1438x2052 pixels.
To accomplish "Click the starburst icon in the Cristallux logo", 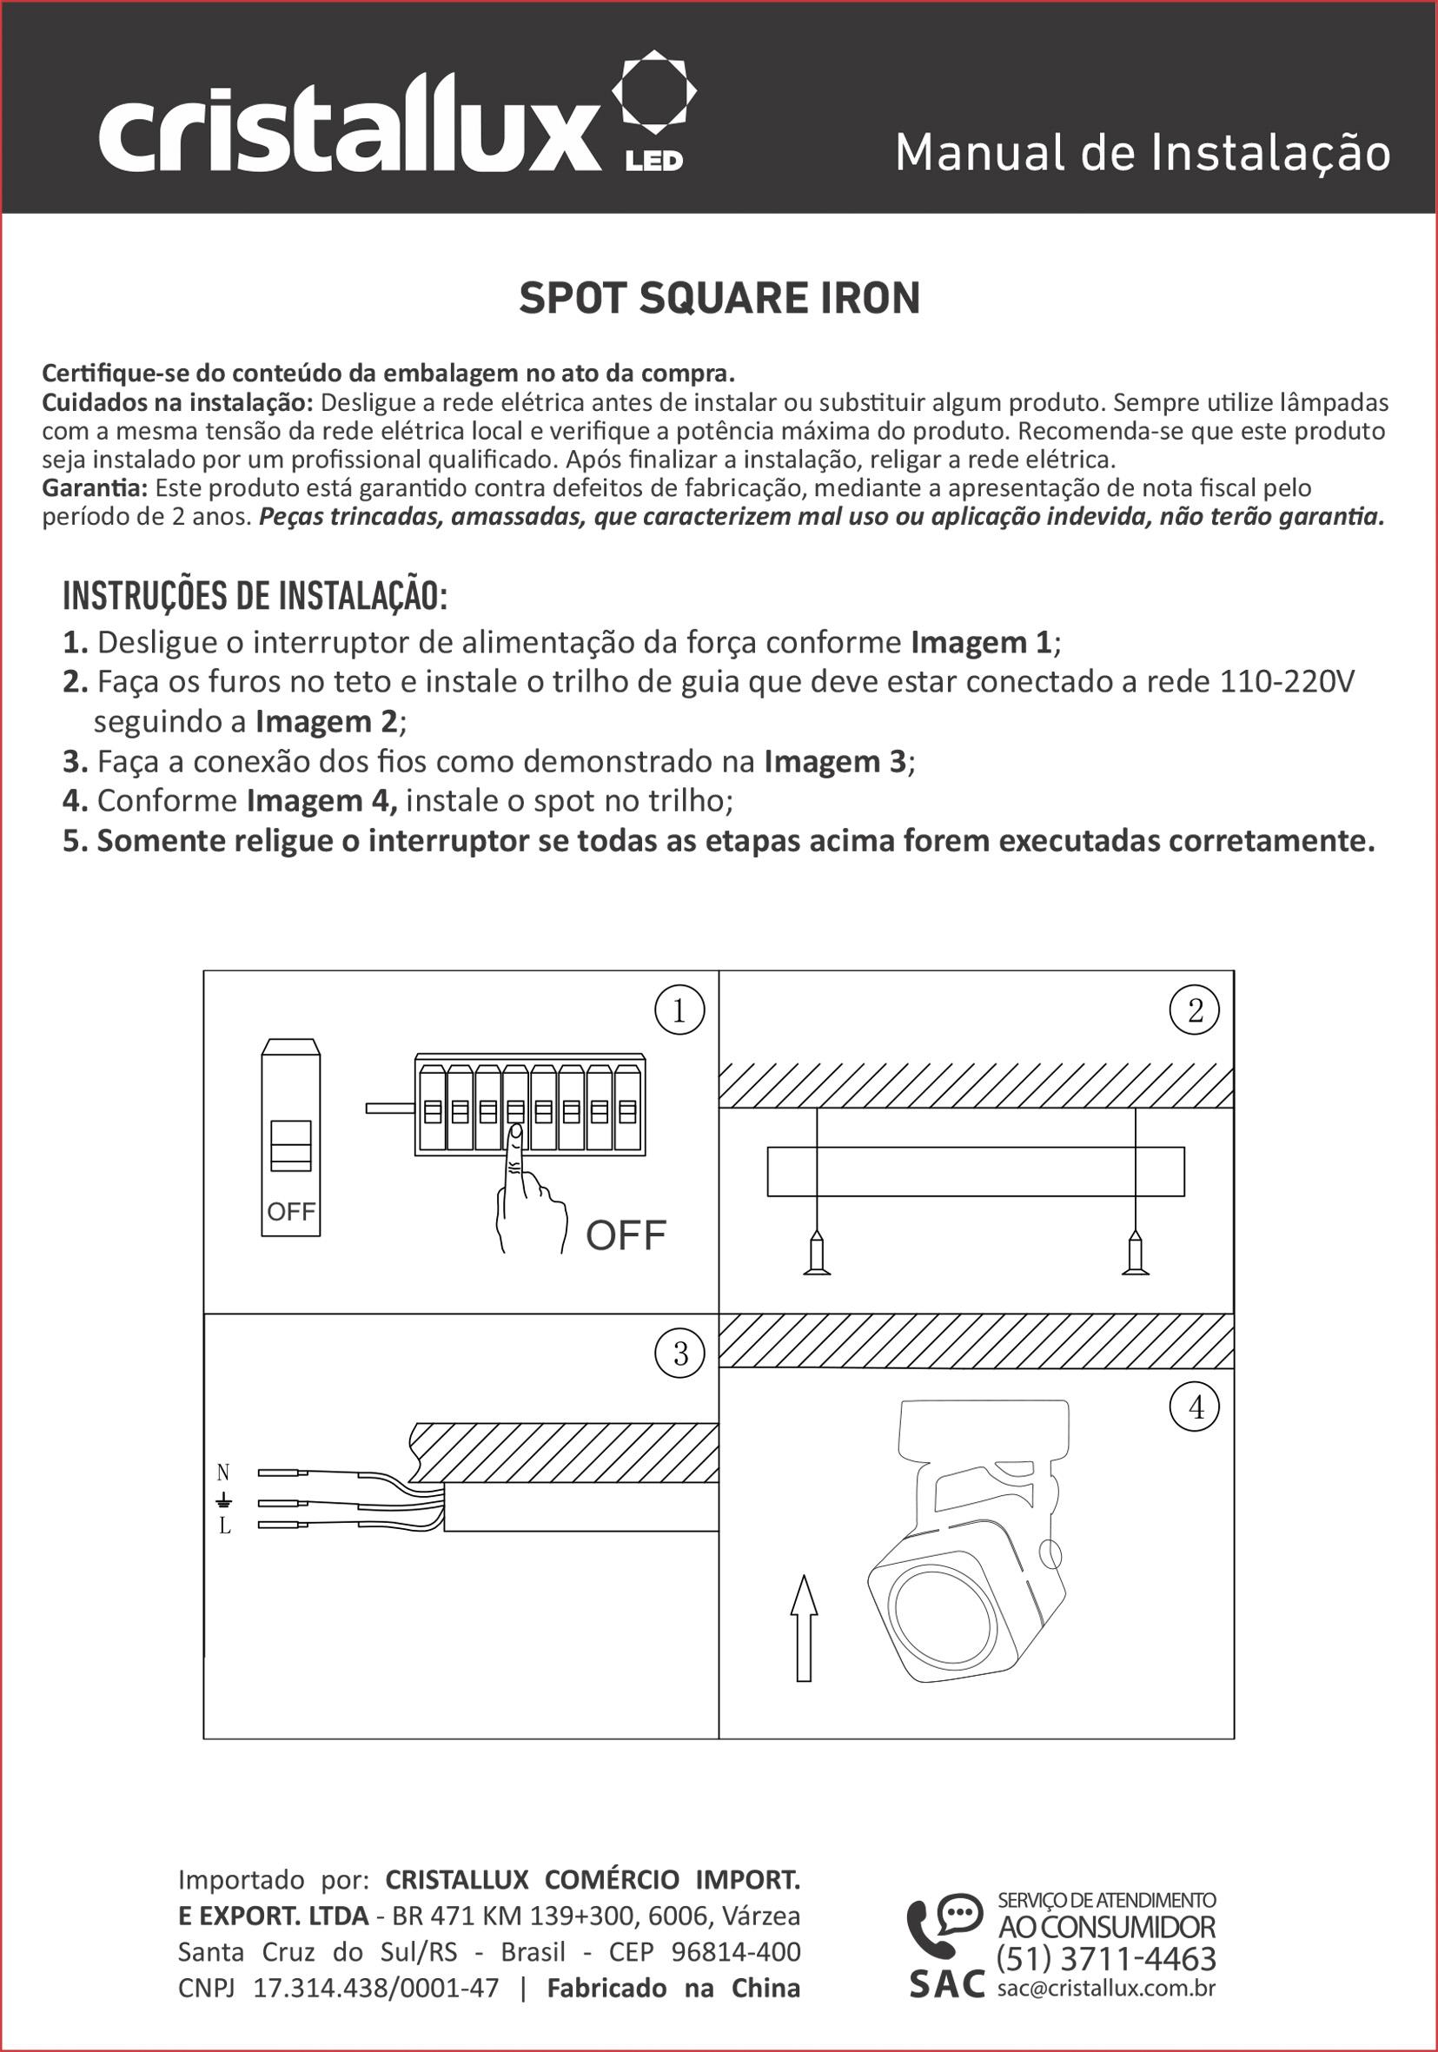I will click(653, 91).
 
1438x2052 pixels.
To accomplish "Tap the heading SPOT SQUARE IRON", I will click(719, 299).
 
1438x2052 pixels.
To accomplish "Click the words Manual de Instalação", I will click(1143, 153).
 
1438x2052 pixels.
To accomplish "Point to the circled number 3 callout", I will click(680, 1354).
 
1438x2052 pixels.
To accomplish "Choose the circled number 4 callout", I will click(1196, 1407).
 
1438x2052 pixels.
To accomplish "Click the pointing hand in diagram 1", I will click(528, 1194).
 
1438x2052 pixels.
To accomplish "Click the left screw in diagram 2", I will click(816, 1252).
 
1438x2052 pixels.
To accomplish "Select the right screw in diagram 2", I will click(1135, 1252).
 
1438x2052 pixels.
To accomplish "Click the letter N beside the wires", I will click(223, 1472).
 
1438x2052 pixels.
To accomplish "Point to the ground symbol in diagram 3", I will click(224, 1499).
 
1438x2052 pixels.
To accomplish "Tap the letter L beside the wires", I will click(224, 1526).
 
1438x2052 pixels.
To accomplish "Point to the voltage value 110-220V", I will click(1287, 682).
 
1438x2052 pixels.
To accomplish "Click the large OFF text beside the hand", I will click(626, 1235).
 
